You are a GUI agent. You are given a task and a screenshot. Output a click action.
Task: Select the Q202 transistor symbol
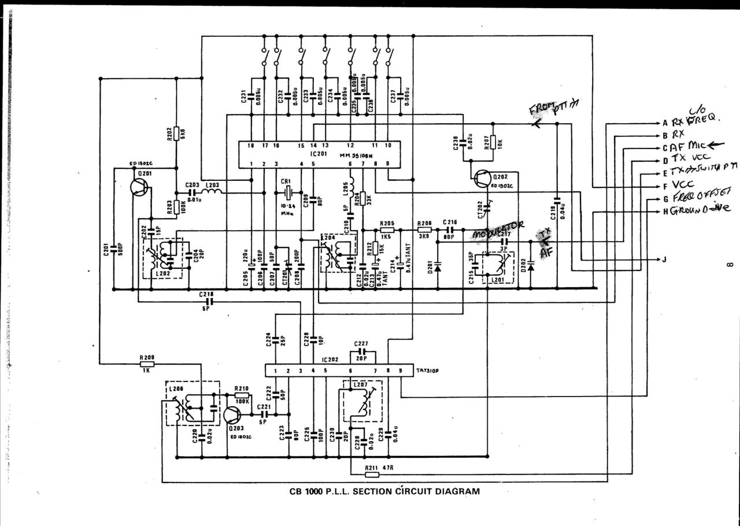(483, 180)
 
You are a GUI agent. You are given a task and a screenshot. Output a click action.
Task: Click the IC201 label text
(319, 154)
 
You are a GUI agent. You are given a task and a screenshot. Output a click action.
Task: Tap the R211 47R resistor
(372, 475)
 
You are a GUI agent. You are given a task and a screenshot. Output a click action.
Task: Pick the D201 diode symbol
(438, 267)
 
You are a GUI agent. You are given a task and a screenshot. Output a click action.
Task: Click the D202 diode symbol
(531, 267)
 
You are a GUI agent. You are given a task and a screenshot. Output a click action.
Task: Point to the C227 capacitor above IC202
(362, 351)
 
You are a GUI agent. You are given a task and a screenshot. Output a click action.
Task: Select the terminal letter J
(664, 259)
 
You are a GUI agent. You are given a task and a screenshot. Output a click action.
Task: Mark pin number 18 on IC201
(251, 146)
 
